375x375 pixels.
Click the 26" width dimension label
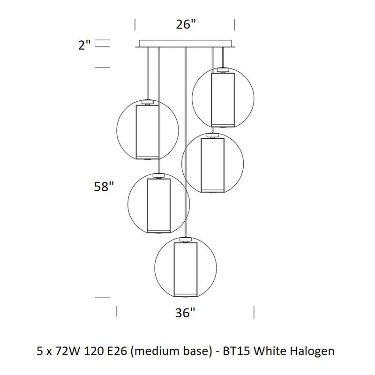(186, 24)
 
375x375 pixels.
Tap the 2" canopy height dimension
(84, 45)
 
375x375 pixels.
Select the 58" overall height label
(104, 187)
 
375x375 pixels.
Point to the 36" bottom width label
(185, 313)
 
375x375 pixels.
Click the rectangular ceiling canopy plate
(185, 44)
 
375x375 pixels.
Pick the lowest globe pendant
(186, 268)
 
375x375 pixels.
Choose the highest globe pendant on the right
(223, 98)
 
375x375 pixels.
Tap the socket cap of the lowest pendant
(186, 240)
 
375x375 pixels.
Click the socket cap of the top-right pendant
(223, 70)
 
